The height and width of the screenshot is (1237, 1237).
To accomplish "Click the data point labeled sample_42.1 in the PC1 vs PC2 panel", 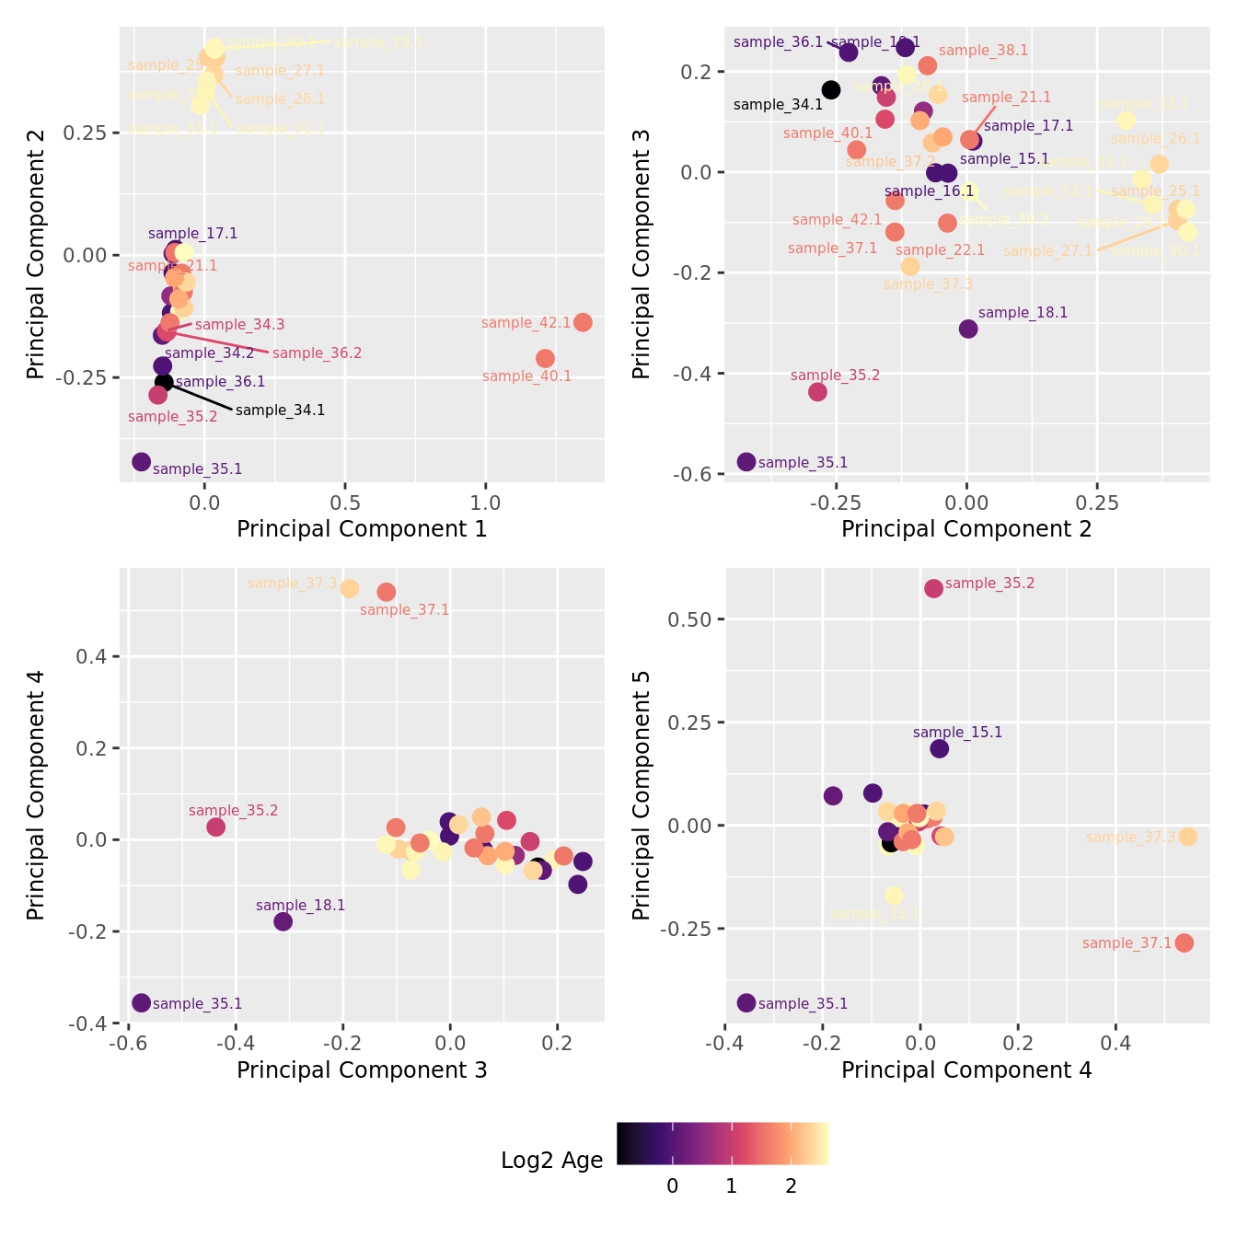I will click(583, 322).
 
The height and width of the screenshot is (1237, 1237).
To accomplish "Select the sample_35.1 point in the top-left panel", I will click(141, 462).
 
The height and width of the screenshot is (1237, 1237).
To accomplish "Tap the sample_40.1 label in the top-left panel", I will click(526, 376).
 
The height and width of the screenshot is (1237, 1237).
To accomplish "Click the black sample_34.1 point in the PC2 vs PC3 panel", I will click(831, 89).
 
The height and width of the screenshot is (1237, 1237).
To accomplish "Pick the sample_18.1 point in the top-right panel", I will click(968, 329).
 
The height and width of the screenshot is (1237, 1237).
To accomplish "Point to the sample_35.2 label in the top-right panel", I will click(835, 376).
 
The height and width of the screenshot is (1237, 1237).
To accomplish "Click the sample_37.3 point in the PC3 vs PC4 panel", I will click(350, 589).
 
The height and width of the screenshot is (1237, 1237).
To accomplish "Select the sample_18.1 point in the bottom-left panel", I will click(283, 921).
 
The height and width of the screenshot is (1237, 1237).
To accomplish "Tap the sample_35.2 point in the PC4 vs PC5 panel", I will click(933, 588).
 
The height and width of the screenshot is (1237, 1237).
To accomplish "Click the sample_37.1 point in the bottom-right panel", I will click(1185, 942).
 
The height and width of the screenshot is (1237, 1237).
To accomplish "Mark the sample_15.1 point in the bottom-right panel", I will click(939, 748).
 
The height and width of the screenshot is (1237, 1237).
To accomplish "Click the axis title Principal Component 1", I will click(362, 529).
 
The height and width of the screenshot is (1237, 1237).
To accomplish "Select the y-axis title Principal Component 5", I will click(642, 794).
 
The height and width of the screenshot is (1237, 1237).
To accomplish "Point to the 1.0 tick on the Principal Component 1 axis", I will click(485, 503).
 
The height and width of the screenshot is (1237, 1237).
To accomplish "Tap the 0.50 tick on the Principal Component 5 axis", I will click(689, 619).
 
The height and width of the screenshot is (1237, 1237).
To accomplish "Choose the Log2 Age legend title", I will click(551, 1161).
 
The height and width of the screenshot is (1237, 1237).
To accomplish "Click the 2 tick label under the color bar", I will click(791, 1186).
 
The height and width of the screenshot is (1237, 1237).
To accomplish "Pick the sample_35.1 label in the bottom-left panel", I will click(197, 1004).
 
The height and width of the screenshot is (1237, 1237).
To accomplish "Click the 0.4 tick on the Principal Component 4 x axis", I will click(1116, 1044).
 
